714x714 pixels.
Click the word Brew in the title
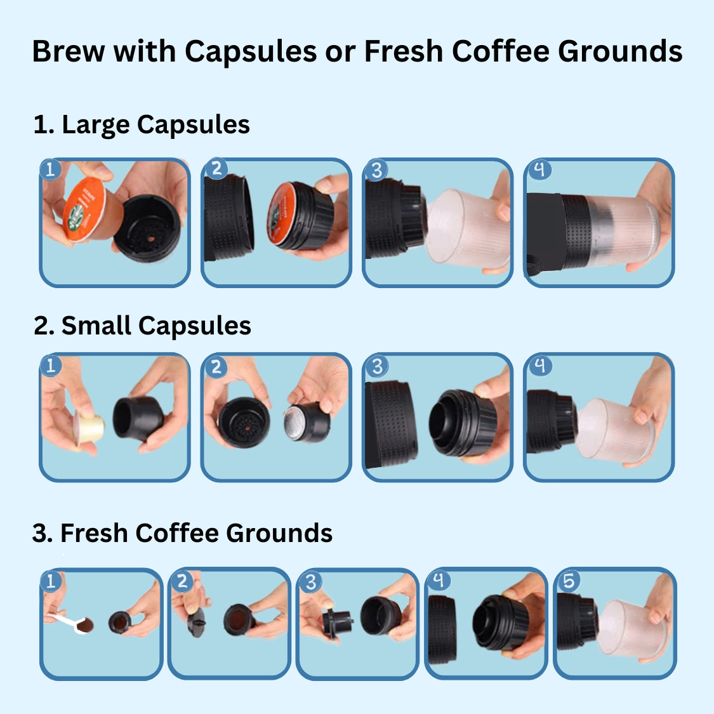tap(68, 51)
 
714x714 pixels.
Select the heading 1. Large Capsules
tap(141, 124)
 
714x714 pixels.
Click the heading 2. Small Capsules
tap(142, 326)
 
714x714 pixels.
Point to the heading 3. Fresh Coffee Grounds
tap(182, 533)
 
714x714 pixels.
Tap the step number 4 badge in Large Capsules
tap(539, 169)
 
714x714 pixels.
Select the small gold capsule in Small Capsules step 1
tap(89, 426)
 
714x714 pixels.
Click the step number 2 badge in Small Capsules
tap(216, 367)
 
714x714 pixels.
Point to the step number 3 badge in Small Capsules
tap(377, 366)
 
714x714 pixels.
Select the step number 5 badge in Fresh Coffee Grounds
tap(569, 580)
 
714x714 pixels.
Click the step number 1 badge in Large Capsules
tap(51, 169)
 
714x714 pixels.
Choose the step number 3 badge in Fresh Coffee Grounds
tap(310, 581)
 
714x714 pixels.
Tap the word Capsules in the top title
tap(251, 51)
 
